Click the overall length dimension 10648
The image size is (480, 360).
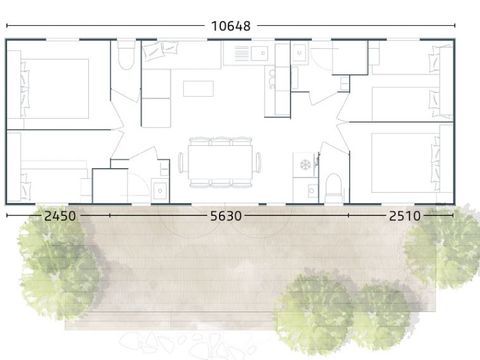tap(231, 26)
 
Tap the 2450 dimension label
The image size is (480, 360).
tap(60, 216)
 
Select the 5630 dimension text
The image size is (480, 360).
tap(226, 216)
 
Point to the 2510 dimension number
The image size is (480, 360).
tap(405, 216)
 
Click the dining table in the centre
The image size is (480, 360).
tap(220, 162)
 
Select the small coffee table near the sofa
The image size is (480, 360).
tap(198, 88)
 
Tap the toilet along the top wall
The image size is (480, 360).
tap(126, 55)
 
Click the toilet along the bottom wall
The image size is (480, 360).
tap(333, 188)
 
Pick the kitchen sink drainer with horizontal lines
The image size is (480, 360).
tap(241, 53)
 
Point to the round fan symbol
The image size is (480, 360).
tap(305, 164)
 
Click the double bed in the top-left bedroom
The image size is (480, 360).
tap(55, 89)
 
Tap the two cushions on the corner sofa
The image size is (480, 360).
tap(160, 50)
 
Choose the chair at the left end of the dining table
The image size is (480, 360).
tap(181, 162)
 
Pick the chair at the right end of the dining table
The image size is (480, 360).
tap(259, 162)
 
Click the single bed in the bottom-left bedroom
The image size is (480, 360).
tap(53, 182)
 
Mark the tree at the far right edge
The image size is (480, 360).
tap(443, 247)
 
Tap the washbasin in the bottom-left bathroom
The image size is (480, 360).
tap(160, 191)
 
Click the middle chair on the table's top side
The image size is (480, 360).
tap(220, 141)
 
